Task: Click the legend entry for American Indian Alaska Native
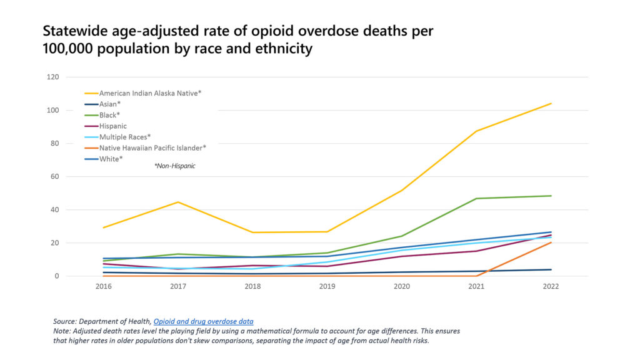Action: point(150,93)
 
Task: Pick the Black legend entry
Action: point(111,115)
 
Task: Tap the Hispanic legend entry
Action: point(113,126)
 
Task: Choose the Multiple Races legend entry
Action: point(125,136)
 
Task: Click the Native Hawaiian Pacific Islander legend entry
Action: point(152,147)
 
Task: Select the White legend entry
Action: point(111,159)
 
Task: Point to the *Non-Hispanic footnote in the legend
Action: point(174,166)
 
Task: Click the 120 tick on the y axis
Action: point(52,77)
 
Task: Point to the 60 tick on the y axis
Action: point(54,176)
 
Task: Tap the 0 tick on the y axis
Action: point(56,276)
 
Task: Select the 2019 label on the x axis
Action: point(327,287)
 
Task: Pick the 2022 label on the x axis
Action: point(551,287)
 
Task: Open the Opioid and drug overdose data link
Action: point(203,321)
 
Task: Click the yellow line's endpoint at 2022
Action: point(551,103)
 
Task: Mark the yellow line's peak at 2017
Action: point(178,202)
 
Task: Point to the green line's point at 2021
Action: point(477,199)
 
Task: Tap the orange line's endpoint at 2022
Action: point(551,242)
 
